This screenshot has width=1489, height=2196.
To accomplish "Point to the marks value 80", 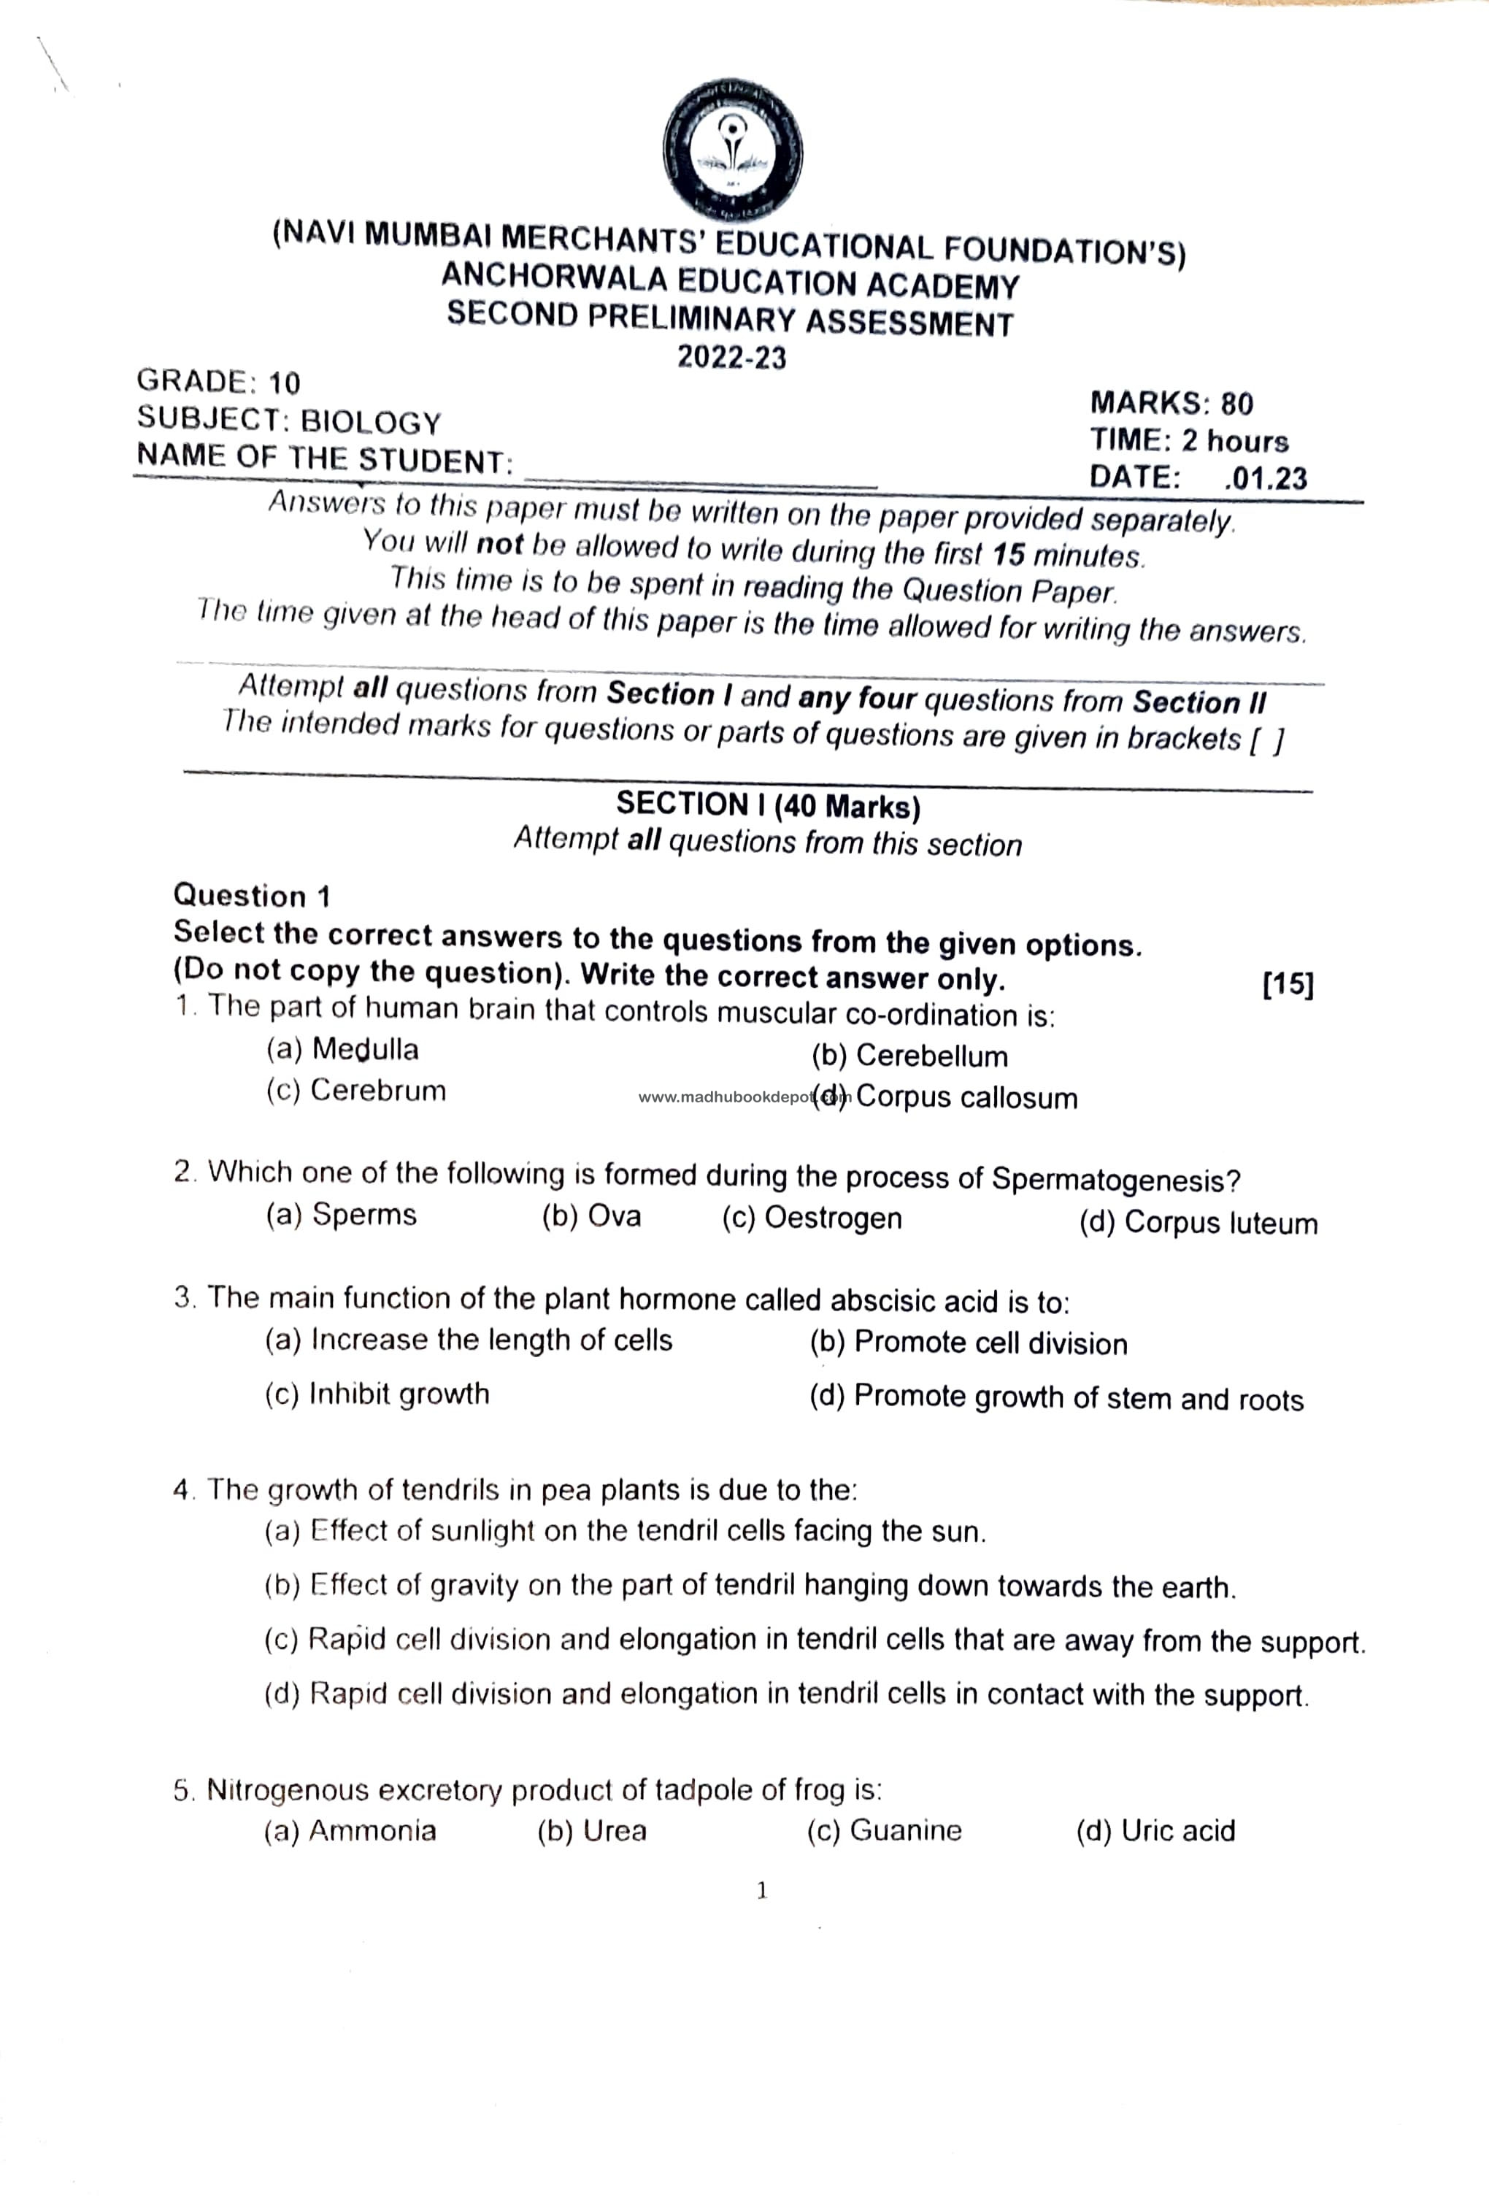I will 1236,404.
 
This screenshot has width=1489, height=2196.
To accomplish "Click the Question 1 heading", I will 253,895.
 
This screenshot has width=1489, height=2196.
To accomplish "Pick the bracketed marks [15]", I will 1288,985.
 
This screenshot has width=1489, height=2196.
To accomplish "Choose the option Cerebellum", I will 931,1056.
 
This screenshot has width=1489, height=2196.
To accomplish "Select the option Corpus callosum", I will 966,1098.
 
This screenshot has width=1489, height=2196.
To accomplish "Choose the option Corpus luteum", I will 1220,1223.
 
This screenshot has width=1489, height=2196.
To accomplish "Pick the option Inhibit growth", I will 399,1394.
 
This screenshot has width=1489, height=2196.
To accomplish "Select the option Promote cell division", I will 990,1344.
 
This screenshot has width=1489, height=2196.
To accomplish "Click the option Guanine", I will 905,1830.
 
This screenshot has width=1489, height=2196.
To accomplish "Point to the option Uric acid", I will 1177,1831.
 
